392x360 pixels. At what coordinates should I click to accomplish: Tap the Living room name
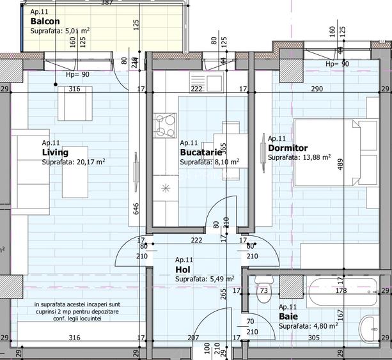[x=55, y=153]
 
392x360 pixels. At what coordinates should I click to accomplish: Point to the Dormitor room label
[x=288, y=148]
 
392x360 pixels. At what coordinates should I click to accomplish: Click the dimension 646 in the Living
[x=135, y=208]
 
